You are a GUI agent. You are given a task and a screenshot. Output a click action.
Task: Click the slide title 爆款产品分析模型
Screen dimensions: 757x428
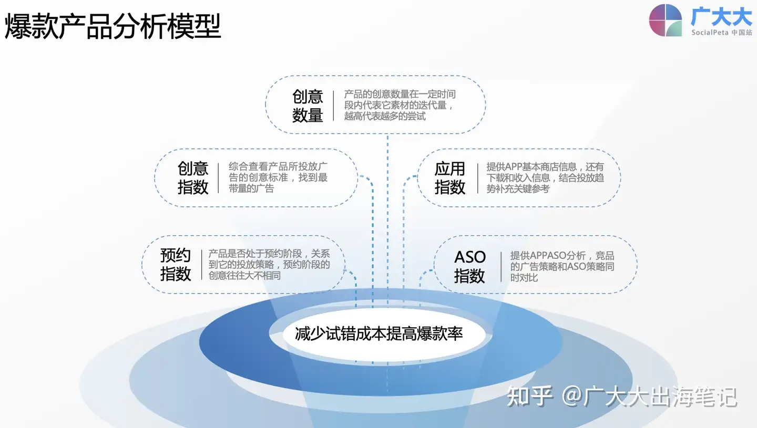[113, 26]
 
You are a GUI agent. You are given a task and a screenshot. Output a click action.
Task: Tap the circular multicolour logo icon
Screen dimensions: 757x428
[666, 20]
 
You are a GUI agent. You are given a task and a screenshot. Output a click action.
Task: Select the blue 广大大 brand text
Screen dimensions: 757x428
[721, 16]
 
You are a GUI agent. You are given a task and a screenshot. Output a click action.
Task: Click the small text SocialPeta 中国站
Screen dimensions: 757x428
[721, 33]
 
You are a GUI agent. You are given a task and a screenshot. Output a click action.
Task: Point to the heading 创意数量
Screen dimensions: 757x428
[308, 106]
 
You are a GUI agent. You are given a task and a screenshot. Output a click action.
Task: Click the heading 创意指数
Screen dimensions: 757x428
[193, 178]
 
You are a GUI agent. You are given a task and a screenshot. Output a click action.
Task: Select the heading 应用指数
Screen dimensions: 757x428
[450, 178]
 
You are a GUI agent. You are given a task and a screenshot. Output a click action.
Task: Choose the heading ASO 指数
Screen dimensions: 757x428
[470, 266]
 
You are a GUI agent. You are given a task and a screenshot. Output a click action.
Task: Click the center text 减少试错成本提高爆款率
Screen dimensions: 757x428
[378, 333]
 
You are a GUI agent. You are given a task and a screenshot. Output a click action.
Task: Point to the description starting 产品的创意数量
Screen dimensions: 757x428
[400, 105]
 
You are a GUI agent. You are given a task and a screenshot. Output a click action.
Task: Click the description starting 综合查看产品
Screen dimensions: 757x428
[278, 177]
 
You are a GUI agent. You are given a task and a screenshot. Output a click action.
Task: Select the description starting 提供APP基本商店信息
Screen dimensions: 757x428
[545, 178]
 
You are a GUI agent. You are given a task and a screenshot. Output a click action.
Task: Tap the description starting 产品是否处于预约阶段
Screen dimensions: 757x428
[269, 264]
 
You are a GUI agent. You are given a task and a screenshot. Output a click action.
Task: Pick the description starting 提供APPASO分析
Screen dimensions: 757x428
[562, 266]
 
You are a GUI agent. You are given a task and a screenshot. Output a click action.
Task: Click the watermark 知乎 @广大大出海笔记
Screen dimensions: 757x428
[622, 396]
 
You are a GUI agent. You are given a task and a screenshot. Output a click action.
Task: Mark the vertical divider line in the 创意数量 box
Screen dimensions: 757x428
[333, 106]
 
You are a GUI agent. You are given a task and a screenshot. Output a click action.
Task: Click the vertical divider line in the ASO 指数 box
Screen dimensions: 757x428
[501, 267]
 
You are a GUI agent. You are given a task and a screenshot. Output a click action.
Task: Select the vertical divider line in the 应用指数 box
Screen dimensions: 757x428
[477, 178]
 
